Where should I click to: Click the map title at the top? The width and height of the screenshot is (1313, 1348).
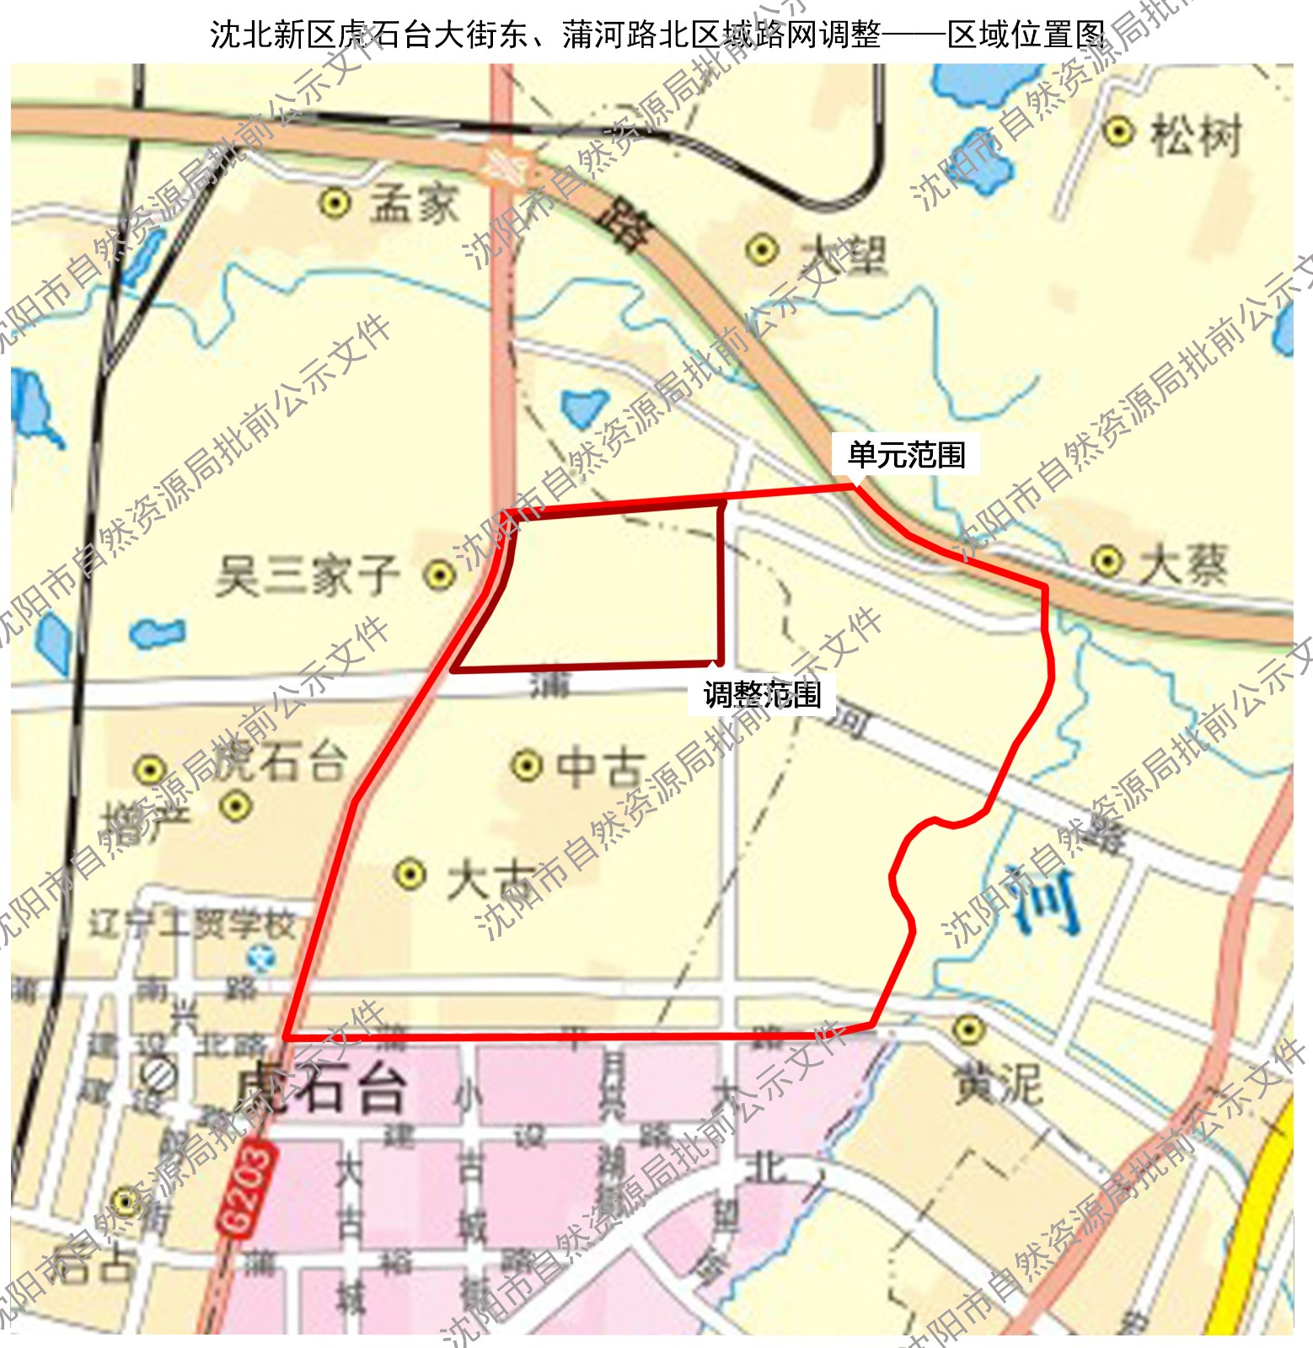[657, 35]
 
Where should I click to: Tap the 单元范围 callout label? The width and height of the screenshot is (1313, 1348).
[906, 455]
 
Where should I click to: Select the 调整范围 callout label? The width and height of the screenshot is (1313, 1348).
[762, 695]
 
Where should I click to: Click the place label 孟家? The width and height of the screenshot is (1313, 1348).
[415, 204]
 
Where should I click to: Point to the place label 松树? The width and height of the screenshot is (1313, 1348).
[1196, 135]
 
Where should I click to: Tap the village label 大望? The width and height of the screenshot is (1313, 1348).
[843, 252]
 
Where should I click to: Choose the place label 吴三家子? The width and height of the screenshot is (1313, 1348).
[307, 576]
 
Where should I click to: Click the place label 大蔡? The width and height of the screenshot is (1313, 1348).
[1183, 563]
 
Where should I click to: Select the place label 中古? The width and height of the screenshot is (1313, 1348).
[600, 767]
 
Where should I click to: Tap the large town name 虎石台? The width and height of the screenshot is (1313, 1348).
[320, 1087]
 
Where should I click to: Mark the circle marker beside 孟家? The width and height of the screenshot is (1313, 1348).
[335, 203]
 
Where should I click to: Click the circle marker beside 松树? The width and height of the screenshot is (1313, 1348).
[1118, 131]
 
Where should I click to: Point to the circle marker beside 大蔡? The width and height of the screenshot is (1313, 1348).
[1107, 560]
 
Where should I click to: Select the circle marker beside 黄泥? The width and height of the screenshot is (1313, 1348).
[968, 1029]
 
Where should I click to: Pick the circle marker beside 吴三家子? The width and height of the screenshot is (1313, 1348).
[438, 575]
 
